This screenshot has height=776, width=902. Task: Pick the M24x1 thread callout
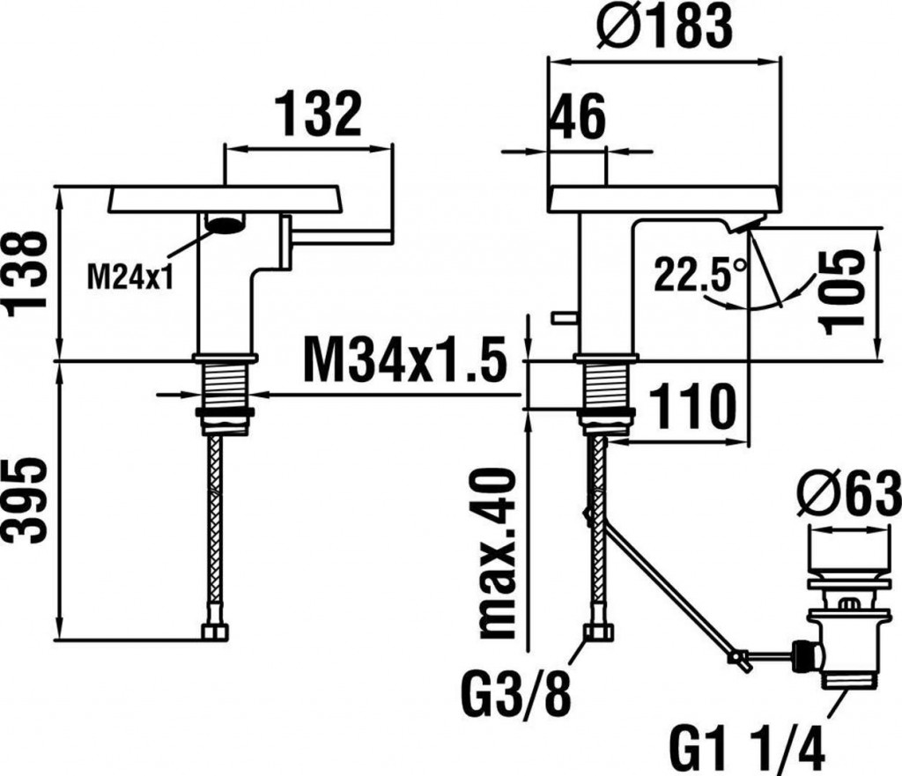[130, 278]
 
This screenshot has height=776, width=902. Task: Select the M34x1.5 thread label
[405, 360]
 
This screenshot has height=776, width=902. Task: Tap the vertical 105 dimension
[843, 292]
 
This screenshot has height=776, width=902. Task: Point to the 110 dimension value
[692, 407]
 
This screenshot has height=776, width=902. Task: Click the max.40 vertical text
[498, 553]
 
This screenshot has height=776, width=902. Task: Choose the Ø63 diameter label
[848, 493]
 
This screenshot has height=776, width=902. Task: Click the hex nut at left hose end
[215, 632]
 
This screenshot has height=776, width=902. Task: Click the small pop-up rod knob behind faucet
[564, 317]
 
